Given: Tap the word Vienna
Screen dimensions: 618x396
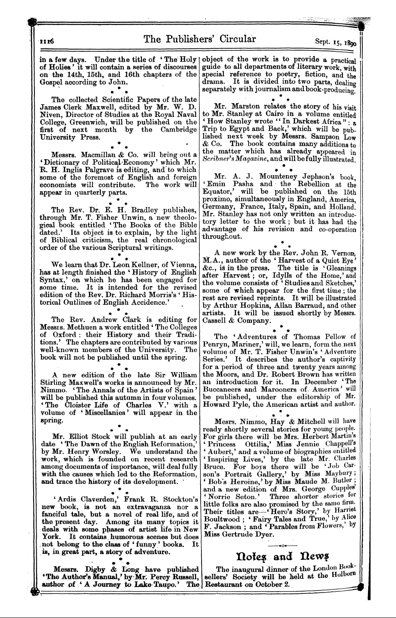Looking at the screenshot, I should pos(182,264).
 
